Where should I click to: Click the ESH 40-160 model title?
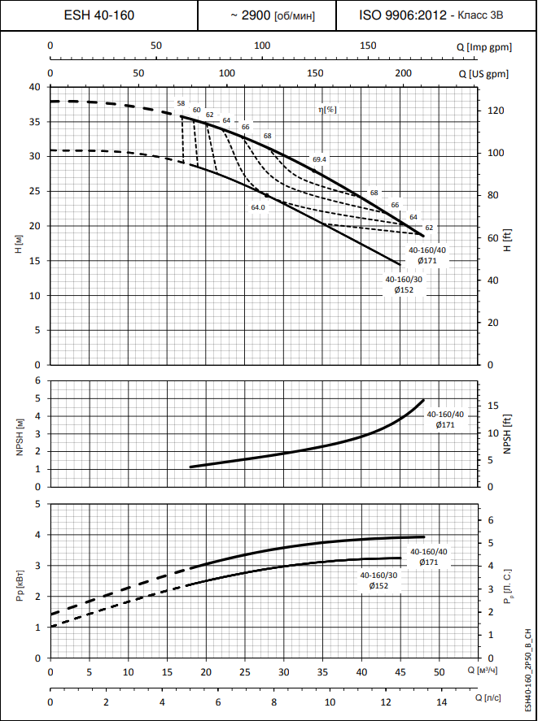click(99, 15)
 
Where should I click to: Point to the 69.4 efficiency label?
click(319, 159)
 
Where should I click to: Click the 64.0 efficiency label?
click(258, 207)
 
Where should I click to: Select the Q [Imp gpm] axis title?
click(484, 48)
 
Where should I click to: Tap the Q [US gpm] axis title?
click(483, 73)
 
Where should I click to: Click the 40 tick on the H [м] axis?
click(34, 87)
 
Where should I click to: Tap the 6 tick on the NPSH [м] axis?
click(37, 380)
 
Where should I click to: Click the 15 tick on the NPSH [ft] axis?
click(492, 406)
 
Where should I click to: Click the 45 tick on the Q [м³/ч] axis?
click(400, 673)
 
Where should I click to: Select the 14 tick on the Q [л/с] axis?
click(441, 701)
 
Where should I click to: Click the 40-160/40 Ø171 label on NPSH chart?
click(445, 419)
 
